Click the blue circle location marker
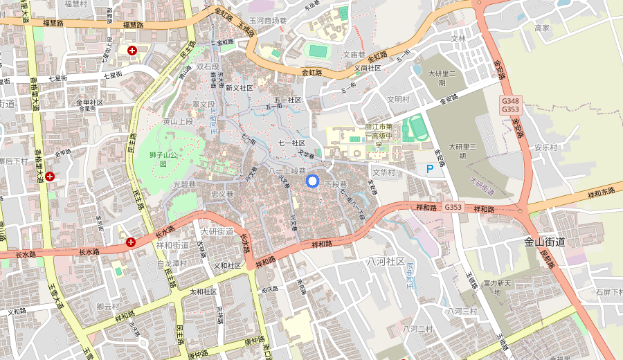click(x=311, y=181)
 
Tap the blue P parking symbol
click(x=430, y=169)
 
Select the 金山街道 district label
click(x=545, y=242)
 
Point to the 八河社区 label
click(x=386, y=261)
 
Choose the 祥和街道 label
click(x=173, y=245)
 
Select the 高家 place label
click(x=542, y=28)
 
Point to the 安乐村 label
click(x=545, y=147)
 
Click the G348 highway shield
click(x=510, y=101)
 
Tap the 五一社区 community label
click(x=288, y=100)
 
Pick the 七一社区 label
click(x=291, y=143)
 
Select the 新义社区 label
click(x=240, y=88)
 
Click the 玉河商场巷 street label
click(x=268, y=21)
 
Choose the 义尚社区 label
click(x=368, y=68)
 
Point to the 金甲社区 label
click(x=89, y=102)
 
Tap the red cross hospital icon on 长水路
click(x=131, y=242)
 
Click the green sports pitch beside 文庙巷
click(x=318, y=51)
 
